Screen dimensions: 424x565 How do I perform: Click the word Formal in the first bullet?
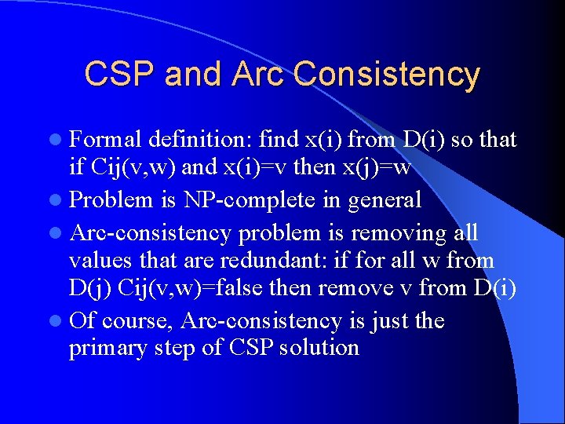[105, 140]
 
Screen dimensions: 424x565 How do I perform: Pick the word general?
[385, 199]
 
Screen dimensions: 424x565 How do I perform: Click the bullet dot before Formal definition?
[60, 141]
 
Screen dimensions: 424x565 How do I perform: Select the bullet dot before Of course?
[60, 322]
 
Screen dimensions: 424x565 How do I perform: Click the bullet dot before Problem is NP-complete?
[60, 200]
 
